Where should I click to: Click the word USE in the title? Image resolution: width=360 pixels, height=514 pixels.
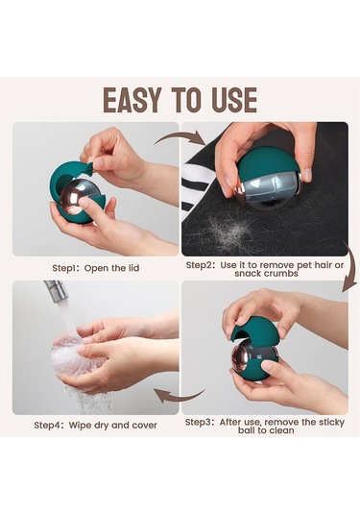234,100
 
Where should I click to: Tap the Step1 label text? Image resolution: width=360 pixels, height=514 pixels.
64,268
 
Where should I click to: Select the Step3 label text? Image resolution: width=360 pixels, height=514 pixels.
199,422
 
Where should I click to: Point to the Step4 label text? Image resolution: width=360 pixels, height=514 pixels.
48,426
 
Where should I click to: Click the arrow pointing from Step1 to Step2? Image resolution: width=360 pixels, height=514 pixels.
180,138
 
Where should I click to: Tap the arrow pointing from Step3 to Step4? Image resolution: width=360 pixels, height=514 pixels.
180,395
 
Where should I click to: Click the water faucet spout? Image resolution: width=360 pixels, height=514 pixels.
56,290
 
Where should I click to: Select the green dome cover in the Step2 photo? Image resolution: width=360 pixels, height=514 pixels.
266,163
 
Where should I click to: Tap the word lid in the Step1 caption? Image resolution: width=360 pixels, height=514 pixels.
134,268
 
